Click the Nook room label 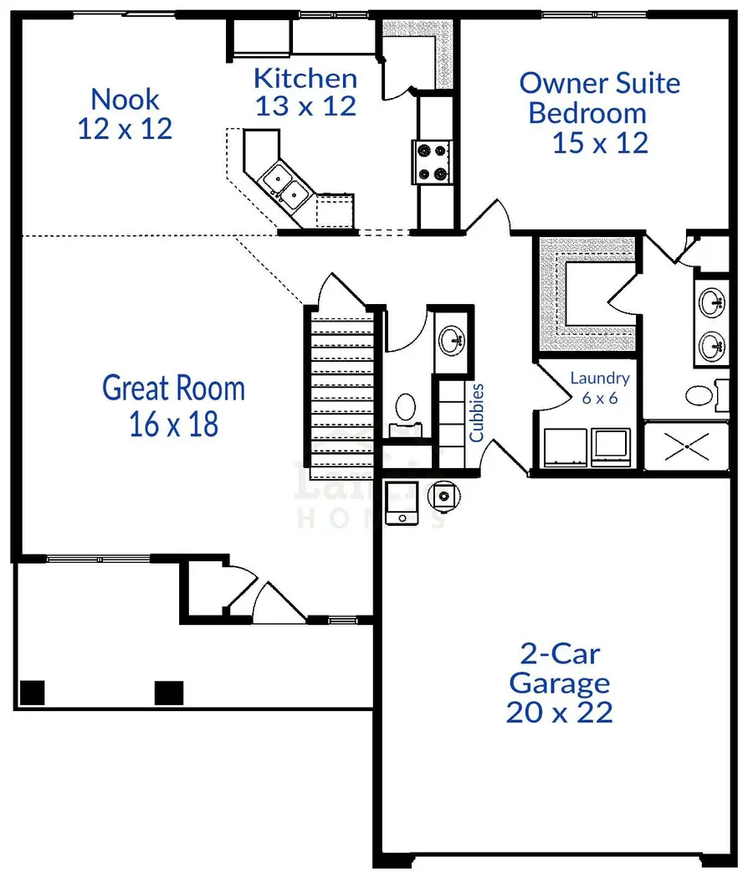tap(125, 113)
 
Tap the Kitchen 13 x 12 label tap(305, 92)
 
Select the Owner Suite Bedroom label tap(599, 112)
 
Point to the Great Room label tap(174, 406)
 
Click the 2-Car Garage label tap(559, 683)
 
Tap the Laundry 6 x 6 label tap(599, 387)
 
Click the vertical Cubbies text tap(477, 412)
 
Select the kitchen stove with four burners tap(432, 162)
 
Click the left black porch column tap(32, 693)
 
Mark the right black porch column tap(169, 693)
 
